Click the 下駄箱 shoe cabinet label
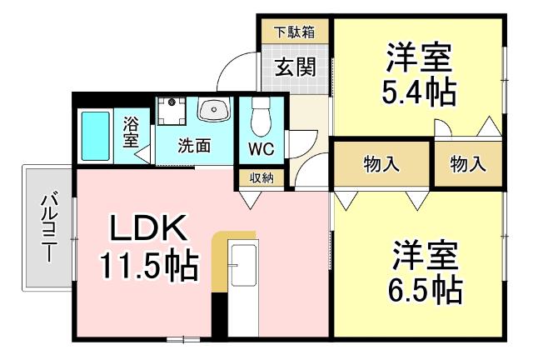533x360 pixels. pyautogui.click(x=296, y=32)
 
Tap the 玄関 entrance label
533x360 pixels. pyautogui.click(x=295, y=67)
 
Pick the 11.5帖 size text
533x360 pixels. pyautogui.click(x=149, y=267)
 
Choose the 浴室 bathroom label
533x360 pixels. pyautogui.click(x=131, y=132)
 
